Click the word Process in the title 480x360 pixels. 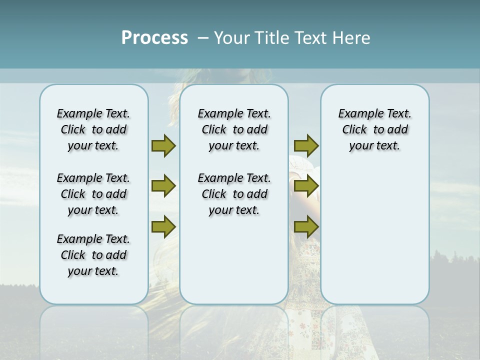tap(154, 37)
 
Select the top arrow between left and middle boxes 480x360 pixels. tap(163, 145)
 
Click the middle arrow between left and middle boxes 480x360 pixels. tap(163, 186)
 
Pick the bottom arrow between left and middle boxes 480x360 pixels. tap(163, 227)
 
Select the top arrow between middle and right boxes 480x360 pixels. tap(306, 145)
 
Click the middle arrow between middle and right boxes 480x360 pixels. tap(306, 186)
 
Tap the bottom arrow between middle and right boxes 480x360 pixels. tap(306, 227)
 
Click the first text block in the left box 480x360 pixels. tap(93, 129)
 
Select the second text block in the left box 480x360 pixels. tap(93, 194)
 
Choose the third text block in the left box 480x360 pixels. tap(93, 255)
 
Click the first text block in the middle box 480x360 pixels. tap(234, 129)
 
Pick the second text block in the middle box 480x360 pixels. tap(234, 194)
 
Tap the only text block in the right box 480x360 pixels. tap(374, 129)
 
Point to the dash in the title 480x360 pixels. tap(203, 38)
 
